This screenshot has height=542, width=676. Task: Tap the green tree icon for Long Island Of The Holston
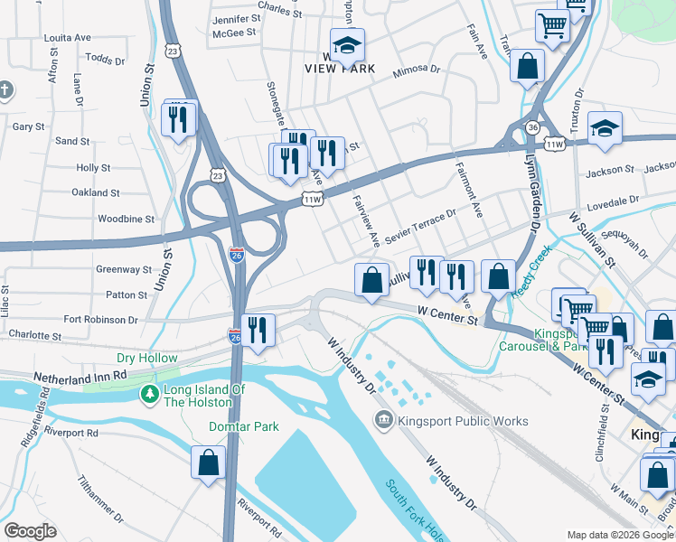149,394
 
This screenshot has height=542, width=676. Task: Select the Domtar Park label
239,425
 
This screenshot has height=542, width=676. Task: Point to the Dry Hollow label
146,359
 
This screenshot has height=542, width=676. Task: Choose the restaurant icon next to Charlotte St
259,331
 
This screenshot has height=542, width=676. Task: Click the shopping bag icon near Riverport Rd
208,462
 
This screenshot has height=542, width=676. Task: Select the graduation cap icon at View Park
346,45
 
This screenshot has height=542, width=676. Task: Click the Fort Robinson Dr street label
100,320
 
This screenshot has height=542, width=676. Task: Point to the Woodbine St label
126,219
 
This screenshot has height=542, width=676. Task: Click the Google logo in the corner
30,531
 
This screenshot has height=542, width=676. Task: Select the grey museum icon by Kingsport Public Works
382,420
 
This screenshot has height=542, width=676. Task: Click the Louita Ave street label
68,38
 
